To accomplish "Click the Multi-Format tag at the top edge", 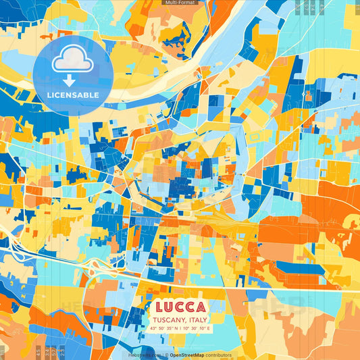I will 180,3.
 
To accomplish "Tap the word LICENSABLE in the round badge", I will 73,95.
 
